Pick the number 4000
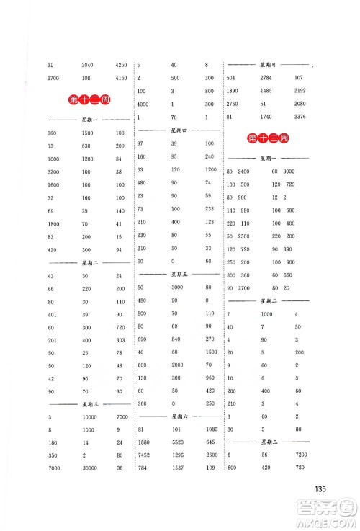pos(144,104)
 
